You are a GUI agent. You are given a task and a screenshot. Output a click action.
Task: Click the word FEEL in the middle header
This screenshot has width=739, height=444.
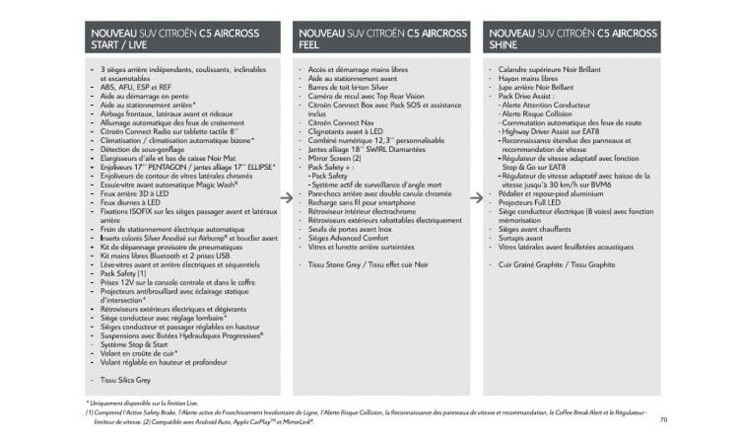pyautogui.click(x=310, y=45)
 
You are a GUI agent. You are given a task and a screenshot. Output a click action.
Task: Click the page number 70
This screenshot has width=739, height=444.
pyautogui.click(x=663, y=419)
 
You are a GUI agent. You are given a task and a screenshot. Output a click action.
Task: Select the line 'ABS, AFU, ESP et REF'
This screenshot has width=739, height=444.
pyautogui.click(x=136, y=87)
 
